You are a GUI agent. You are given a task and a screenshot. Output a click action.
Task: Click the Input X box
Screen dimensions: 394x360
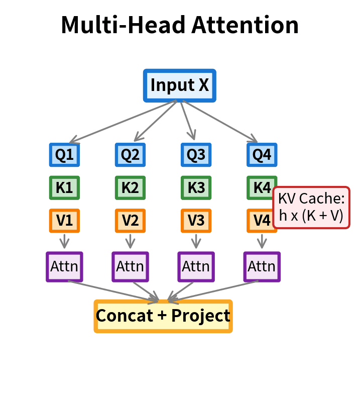coord(180,85)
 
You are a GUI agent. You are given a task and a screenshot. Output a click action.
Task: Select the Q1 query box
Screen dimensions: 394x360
coord(64,155)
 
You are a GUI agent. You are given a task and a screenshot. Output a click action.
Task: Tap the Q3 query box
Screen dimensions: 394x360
coord(196,155)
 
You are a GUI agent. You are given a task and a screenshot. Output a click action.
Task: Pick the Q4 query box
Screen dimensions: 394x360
coord(262,155)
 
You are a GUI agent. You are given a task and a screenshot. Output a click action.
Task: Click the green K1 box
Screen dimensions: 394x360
coord(64,187)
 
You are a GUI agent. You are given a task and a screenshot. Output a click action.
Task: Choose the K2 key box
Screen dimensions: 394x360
coord(130,187)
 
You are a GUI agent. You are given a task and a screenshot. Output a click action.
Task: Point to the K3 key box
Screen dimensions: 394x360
coord(196,187)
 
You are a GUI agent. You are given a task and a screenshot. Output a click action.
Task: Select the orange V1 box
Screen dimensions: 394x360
coord(64,221)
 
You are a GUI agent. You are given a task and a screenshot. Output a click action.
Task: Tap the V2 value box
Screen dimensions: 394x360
coord(130,221)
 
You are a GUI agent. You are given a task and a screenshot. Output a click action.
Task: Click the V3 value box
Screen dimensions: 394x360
coord(196,221)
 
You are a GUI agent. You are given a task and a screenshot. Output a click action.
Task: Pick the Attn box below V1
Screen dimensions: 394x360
coord(64,266)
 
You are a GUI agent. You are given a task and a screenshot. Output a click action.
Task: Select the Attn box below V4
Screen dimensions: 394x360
coord(262,266)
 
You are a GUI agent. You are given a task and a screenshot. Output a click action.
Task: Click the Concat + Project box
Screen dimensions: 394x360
coord(163,316)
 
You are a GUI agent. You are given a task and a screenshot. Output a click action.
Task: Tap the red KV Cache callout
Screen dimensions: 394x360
coord(311,208)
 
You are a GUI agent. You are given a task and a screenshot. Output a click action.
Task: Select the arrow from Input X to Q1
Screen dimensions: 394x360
coord(123,121)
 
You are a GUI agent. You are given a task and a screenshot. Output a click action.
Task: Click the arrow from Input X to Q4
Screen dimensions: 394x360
coord(218,121)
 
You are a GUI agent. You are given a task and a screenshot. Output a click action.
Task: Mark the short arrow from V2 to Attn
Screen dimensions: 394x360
coord(130,241)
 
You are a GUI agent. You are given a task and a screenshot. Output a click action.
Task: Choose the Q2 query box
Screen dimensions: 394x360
coord(130,155)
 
